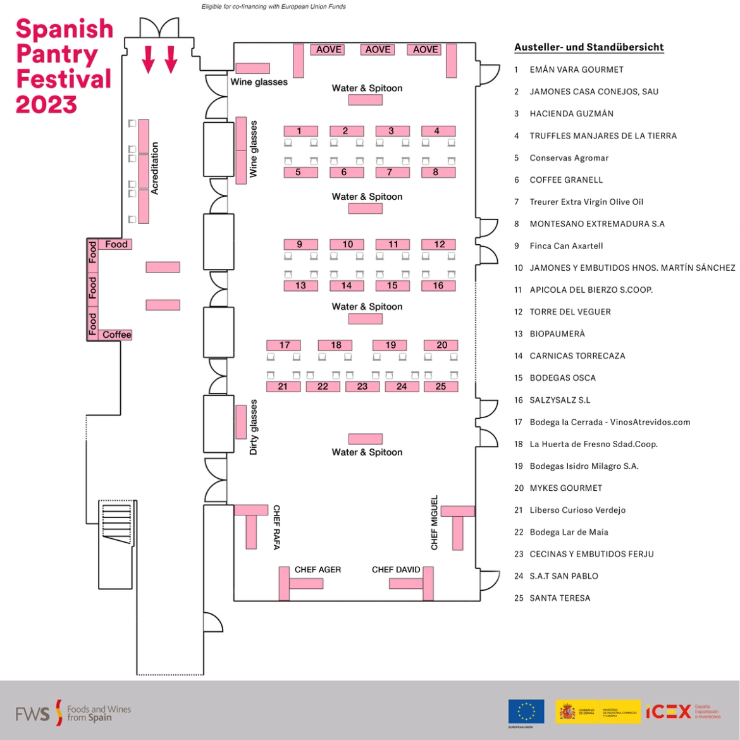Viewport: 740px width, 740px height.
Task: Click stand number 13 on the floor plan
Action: (x=300, y=286)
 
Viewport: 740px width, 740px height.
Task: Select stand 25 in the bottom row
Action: (x=441, y=386)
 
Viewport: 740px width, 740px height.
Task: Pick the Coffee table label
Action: (x=116, y=335)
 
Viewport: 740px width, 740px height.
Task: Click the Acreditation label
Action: (x=155, y=168)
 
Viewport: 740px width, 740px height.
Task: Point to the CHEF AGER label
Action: (x=318, y=570)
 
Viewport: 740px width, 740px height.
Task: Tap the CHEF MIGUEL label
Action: (x=435, y=522)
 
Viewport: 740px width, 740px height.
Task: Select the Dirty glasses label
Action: (x=254, y=427)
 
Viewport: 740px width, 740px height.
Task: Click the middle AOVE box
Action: (x=378, y=49)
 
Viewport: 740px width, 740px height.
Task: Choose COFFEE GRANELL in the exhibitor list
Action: (x=566, y=180)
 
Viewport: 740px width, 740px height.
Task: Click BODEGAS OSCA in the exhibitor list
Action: (x=562, y=378)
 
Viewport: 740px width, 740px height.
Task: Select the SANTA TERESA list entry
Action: (x=560, y=598)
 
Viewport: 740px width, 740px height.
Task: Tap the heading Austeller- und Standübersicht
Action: (x=589, y=47)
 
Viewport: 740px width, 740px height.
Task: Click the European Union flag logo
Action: (x=526, y=712)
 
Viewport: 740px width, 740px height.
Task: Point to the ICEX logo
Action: (x=669, y=712)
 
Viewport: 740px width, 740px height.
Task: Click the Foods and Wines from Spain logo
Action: (x=73, y=713)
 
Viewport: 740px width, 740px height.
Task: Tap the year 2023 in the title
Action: (x=46, y=104)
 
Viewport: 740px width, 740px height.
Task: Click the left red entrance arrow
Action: (x=148, y=59)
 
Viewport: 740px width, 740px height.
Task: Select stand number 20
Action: (x=441, y=345)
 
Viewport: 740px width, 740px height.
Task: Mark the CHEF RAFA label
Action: (x=276, y=527)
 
